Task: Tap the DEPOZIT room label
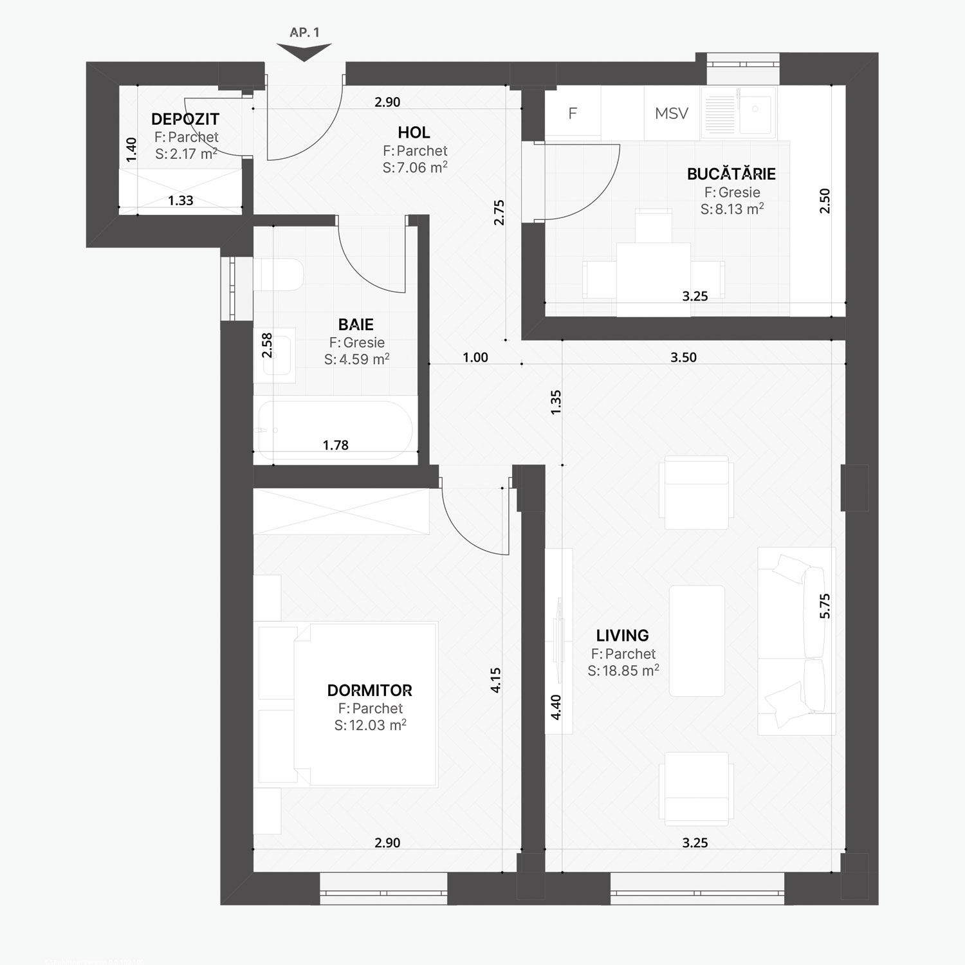tap(185, 119)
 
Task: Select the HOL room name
tap(414, 133)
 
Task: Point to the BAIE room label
tap(356, 324)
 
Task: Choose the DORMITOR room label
tap(370, 690)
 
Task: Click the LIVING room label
tap(622, 636)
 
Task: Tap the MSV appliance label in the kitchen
tap(672, 113)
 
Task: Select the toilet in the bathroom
tap(278, 275)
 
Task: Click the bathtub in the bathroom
tap(335, 430)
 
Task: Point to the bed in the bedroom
tap(348, 704)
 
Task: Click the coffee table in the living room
tap(697, 641)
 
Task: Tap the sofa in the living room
tap(796, 641)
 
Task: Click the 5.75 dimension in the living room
tap(825, 606)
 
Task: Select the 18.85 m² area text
tap(623, 671)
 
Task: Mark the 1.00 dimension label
tap(475, 358)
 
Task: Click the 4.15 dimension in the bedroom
tap(495, 680)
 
